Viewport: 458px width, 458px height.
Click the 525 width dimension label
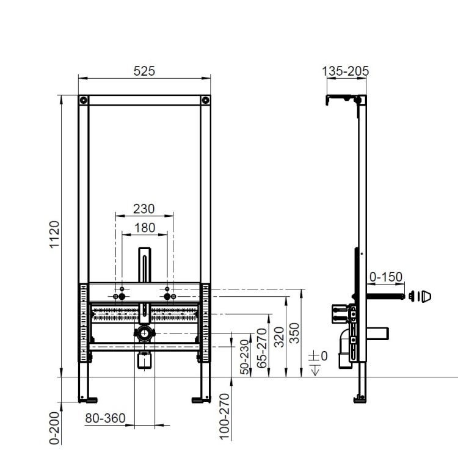144,71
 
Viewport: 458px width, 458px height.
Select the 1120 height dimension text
54,234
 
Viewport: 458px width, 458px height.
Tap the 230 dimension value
144,209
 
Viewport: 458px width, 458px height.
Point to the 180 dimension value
145,228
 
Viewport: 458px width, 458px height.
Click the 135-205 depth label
346,71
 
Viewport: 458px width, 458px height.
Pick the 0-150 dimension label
386,277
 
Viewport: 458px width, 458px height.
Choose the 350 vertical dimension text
295,333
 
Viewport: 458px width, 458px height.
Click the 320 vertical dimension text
279,337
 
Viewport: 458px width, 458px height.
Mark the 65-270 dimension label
262,348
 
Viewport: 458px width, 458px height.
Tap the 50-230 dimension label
245,357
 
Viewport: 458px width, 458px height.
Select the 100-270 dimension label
224,416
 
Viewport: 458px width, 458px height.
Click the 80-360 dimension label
106,418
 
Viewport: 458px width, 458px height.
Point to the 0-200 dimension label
54,428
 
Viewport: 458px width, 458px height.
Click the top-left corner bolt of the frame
84,100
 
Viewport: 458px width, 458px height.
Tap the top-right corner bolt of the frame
206,100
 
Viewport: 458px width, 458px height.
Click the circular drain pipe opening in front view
144,333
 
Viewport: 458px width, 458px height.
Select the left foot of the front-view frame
88,399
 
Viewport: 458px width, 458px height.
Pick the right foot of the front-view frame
202,399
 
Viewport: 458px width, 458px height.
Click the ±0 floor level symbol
318,363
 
